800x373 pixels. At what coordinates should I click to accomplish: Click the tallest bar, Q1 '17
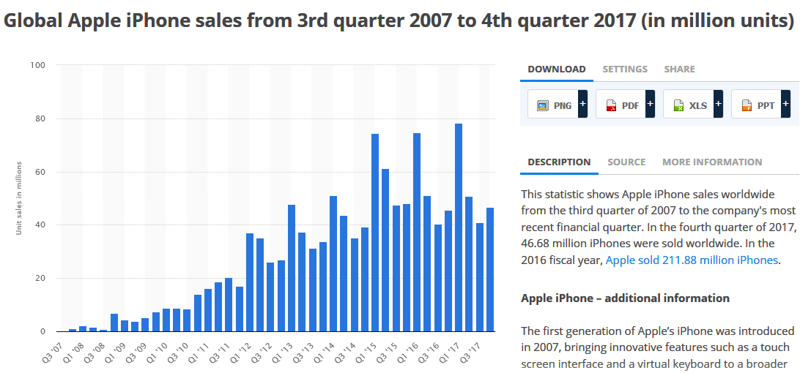coord(459,227)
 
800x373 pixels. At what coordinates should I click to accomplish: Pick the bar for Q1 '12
coord(250,282)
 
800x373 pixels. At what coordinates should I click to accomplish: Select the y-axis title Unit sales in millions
coord(19,198)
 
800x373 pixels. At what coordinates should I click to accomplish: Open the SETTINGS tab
coord(625,69)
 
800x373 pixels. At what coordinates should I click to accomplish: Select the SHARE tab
coord(679,69)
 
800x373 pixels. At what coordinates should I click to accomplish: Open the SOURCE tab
coord(626,162)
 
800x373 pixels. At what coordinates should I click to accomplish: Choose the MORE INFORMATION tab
coord(712,162)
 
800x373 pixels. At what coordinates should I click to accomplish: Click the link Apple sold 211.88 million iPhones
coord(692,260)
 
